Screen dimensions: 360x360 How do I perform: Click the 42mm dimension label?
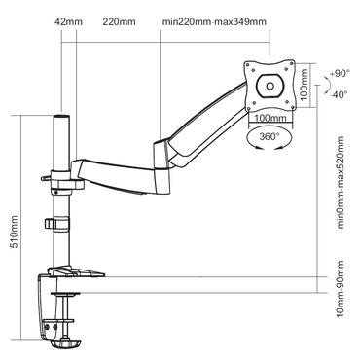click(66, 20)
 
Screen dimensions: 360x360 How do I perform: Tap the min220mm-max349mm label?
click(214, 20)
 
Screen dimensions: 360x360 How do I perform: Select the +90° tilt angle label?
click(340, 74)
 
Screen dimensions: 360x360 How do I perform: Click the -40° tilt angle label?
click(340, 94)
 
